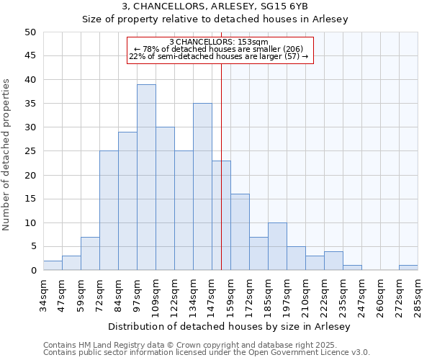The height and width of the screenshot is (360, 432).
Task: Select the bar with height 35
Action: pyautogui.click(x=202, y=186)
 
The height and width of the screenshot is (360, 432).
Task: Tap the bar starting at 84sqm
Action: pyautogui.click(x=127, y=201)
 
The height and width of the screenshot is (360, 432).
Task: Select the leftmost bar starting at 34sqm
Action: pyautogui.click(x=53, y=266)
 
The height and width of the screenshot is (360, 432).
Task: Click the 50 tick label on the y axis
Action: pyautogui.click(x=30, y=32)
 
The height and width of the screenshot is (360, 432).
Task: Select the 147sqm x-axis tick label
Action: pyautogui.click(x=212, y=294)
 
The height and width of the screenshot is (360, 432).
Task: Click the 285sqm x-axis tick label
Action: pyautogui.click(x=418, y=294)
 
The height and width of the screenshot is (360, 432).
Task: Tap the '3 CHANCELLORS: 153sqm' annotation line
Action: pyautogui.click(x=220, y=42)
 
